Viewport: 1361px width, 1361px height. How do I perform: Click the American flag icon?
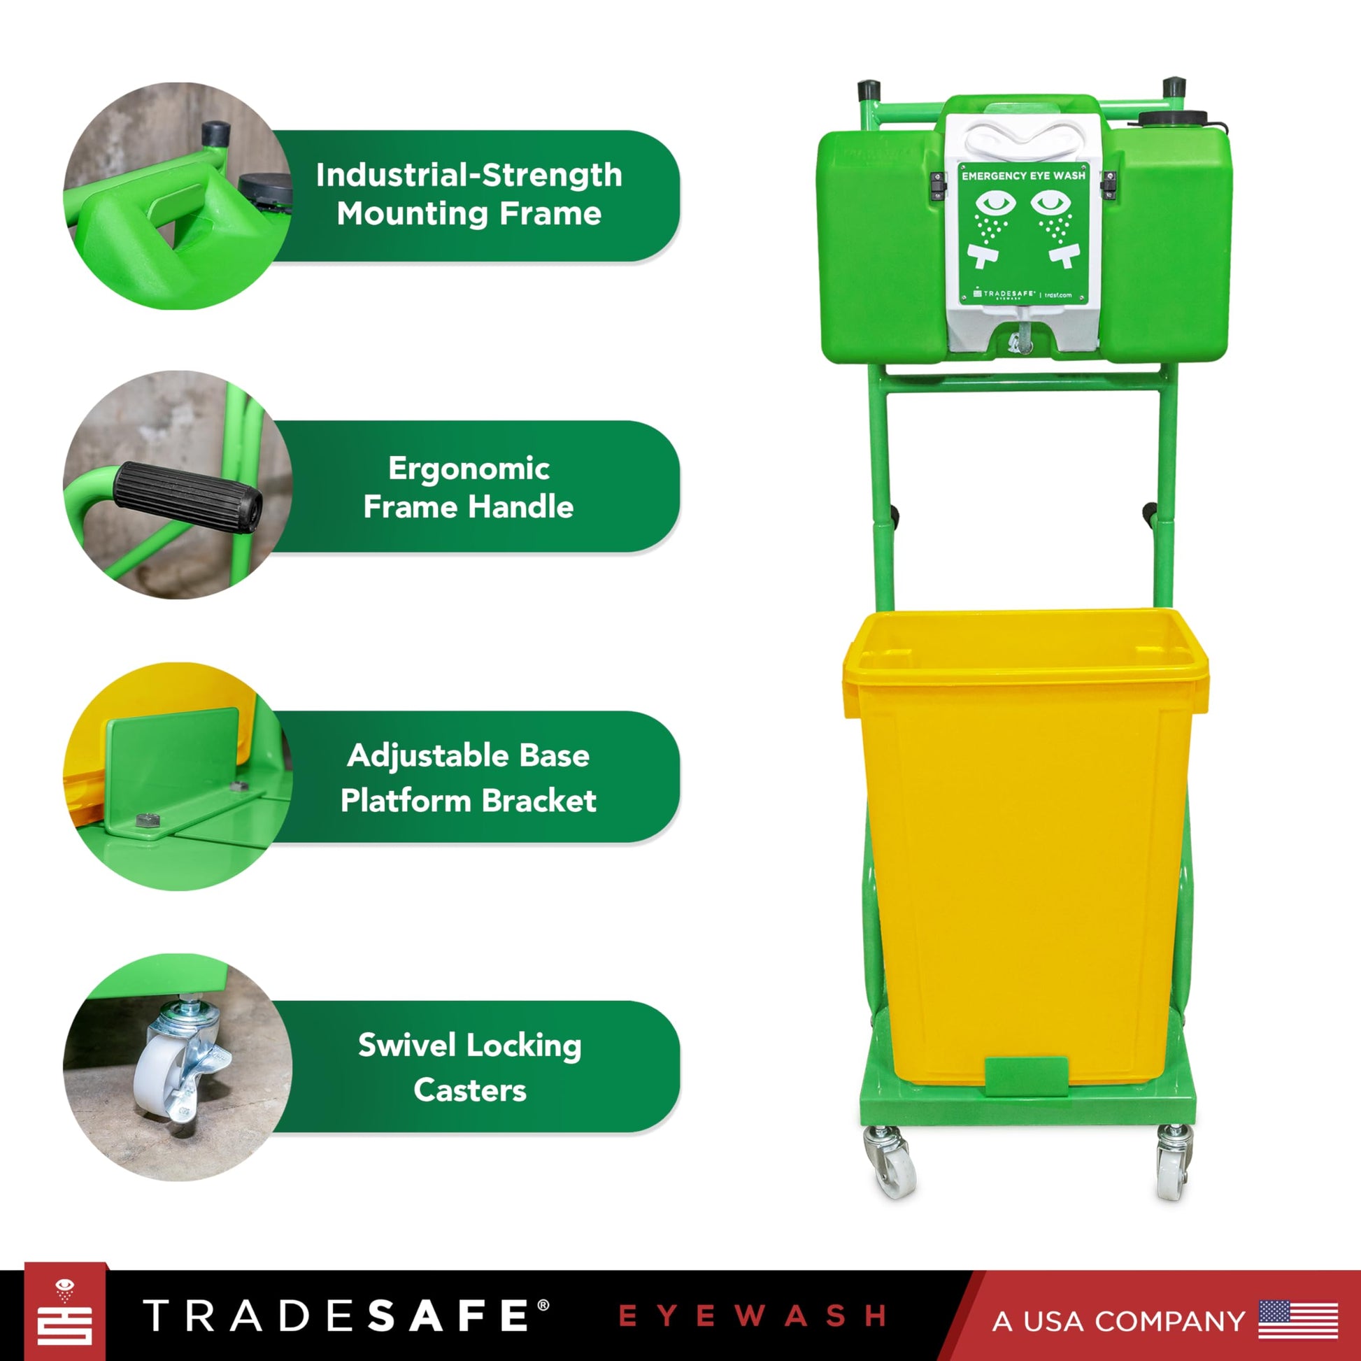point(1297,1320)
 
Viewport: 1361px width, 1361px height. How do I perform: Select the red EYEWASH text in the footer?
point(752,1316)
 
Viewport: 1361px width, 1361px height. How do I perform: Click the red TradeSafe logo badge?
point(65,1311)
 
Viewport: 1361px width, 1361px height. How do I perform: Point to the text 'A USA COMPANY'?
point(1119,1321)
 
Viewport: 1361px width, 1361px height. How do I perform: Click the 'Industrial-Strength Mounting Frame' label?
point(469,194)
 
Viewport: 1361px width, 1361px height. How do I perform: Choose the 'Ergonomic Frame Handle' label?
point(469,487)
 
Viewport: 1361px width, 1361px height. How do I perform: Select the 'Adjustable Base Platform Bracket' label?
point(469,778)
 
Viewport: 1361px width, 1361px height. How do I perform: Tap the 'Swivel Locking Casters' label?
point(470,1067)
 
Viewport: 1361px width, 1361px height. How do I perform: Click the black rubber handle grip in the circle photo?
point(188,497)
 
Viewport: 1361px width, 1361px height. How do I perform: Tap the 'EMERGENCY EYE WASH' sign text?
point(1024,176)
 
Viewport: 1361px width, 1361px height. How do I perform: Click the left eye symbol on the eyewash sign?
point(995,203)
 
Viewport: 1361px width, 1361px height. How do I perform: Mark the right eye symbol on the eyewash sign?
point(1051,203)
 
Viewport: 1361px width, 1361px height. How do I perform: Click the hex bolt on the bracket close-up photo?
point(148,819)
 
